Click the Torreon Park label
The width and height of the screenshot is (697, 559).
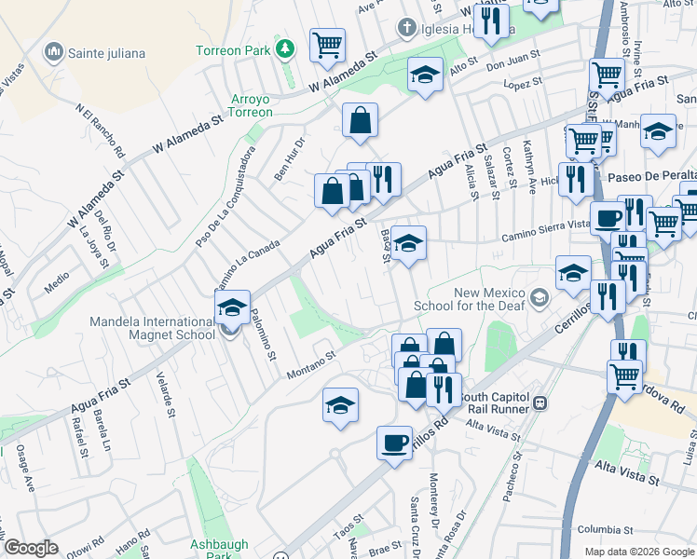[232, 48]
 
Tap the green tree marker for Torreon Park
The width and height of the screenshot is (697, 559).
[284, 48]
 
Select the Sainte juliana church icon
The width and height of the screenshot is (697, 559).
[53, 52]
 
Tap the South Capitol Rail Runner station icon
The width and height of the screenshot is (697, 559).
[540, 403]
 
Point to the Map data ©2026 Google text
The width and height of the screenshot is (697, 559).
[639, 552]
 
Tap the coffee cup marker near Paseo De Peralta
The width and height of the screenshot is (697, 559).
[608, 217]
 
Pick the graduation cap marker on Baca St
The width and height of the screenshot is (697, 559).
[407, 243]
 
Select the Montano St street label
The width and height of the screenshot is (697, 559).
[310, 361]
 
